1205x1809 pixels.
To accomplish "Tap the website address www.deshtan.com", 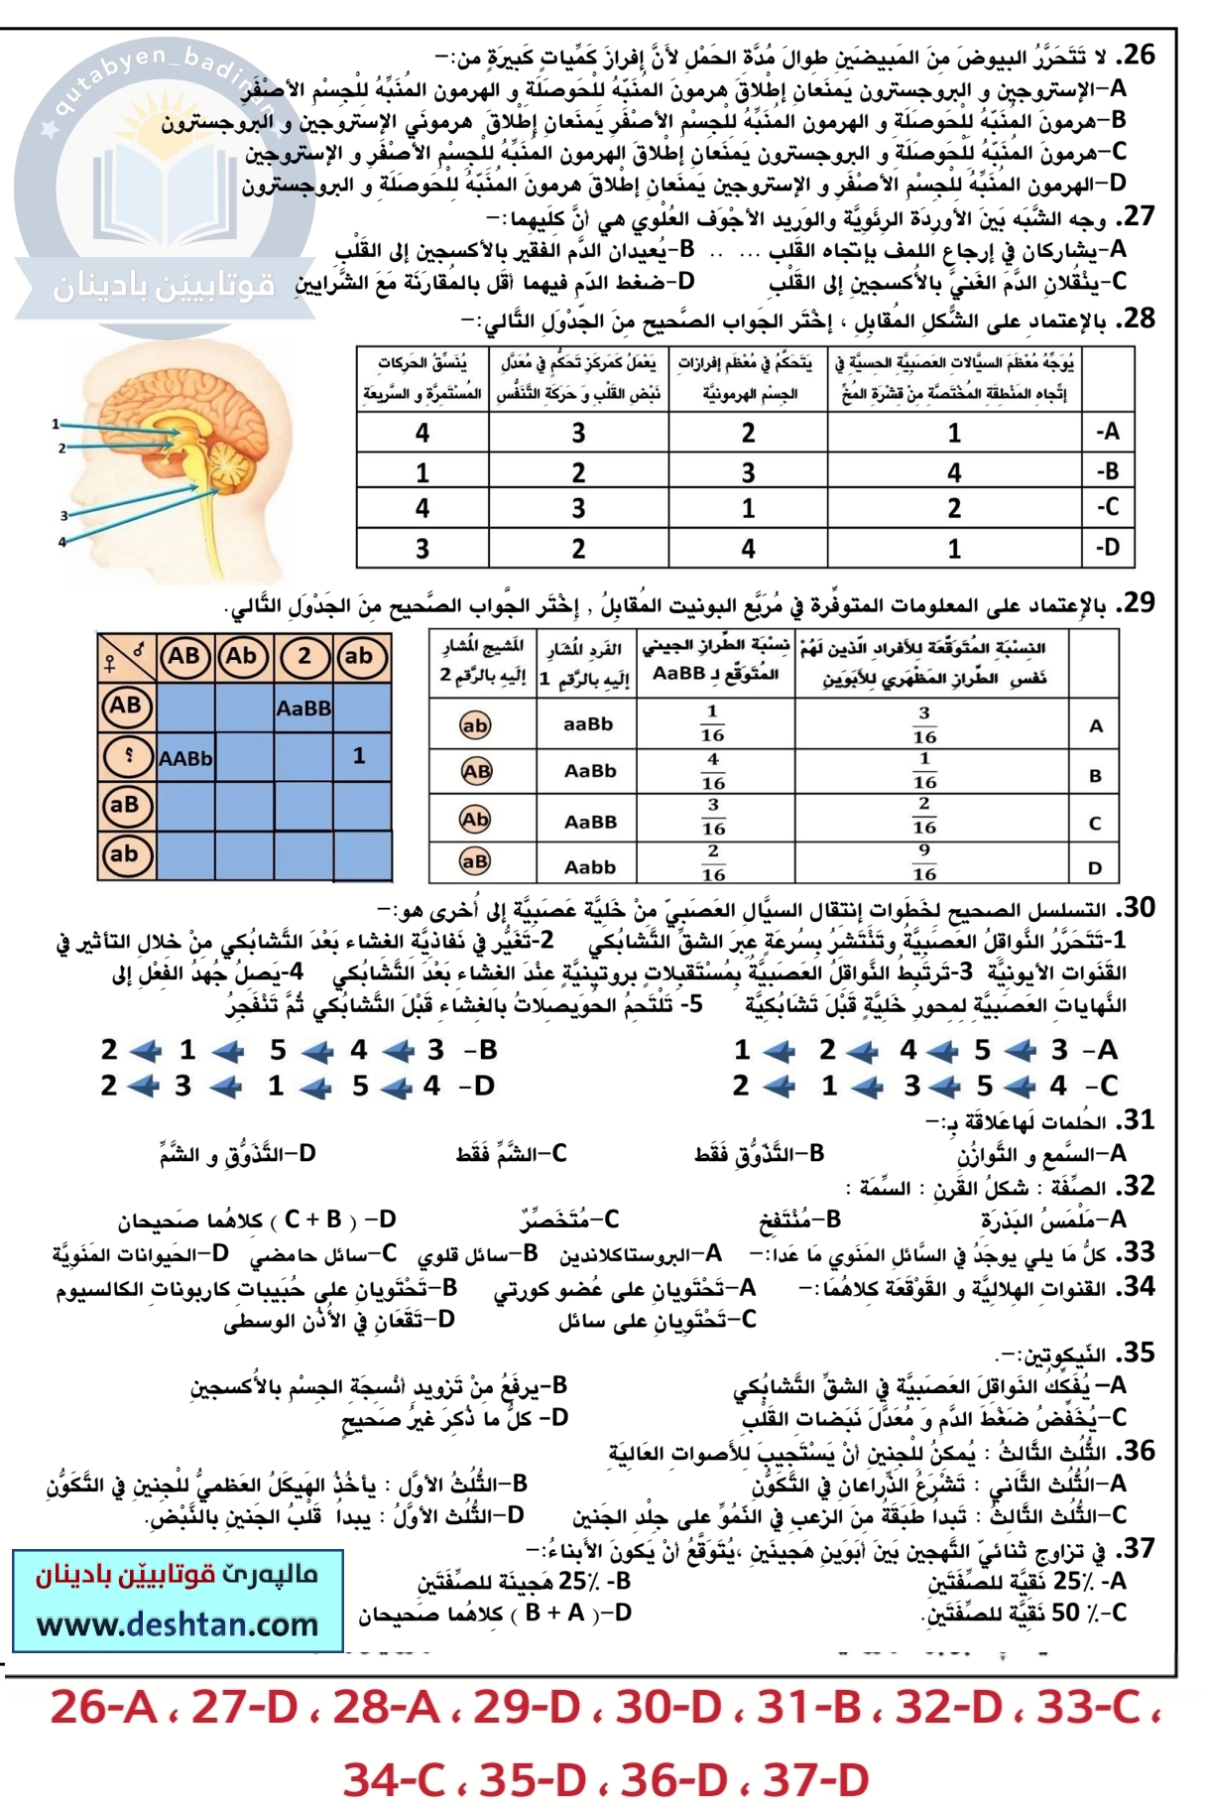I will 178,1624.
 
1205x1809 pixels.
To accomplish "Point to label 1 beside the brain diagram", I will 56,424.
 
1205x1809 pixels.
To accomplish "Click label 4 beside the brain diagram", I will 61,542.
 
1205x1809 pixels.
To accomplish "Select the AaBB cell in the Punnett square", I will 303,709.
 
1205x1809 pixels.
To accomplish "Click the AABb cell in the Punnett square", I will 185,758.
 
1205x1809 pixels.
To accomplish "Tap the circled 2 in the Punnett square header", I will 303,656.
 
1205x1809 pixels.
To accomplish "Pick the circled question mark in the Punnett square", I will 126,756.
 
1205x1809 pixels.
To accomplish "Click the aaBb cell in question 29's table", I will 589,724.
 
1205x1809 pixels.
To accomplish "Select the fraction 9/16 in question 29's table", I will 924,862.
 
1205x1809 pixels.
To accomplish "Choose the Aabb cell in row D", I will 590,867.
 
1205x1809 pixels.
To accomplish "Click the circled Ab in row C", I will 476,820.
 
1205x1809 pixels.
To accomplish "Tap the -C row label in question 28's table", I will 1107,508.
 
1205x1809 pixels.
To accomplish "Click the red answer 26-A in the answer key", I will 103,1709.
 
